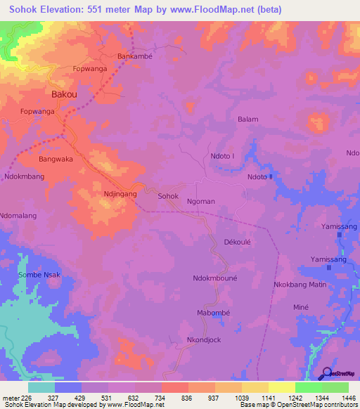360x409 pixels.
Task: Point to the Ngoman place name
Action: pyautogui.click(x=201, y=202)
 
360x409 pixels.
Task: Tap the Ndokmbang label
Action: pyautogui.click(x=25, y=177)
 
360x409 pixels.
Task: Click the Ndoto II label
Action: pyautogui.click(x=259, y=177)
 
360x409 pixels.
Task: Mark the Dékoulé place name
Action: pyautogui.click(x=238, y=240)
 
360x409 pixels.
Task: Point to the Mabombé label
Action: pyautogui.click(x=214, y=312)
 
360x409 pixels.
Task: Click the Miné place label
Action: pyautogui.click(x=301, y=308)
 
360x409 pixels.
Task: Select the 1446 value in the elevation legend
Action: pyautogui.click(x=340, y=397)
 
